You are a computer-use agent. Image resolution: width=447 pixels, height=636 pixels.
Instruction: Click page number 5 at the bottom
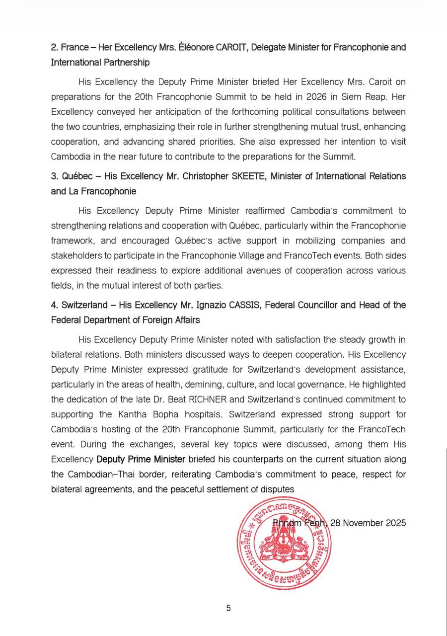click(228, 608)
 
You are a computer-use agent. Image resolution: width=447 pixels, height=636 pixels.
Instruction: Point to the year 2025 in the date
click(396, 523)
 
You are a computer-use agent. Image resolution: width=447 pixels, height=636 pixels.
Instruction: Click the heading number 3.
click(54, 176)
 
